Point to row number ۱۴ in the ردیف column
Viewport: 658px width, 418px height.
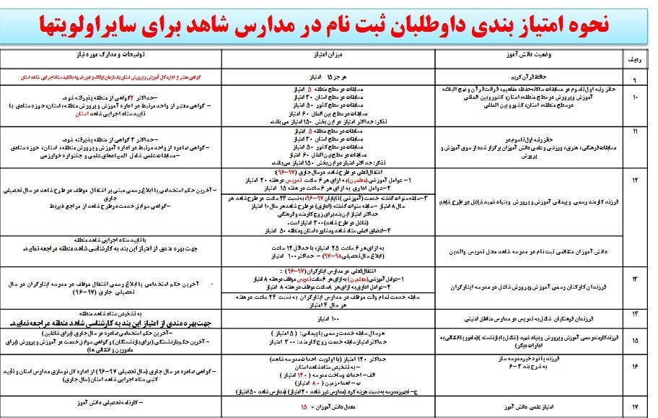pyautogui.click(x=634, y=315)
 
